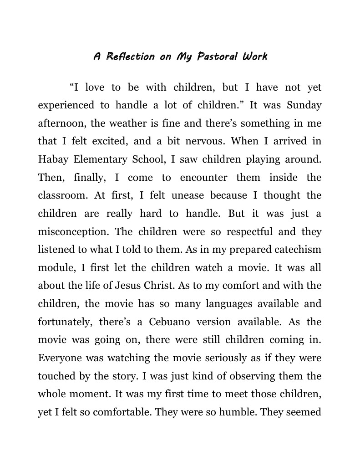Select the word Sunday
(304, 105)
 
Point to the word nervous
(205, 141)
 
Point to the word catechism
(297, 250)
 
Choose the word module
(55, 268)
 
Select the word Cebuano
(170, 322)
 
